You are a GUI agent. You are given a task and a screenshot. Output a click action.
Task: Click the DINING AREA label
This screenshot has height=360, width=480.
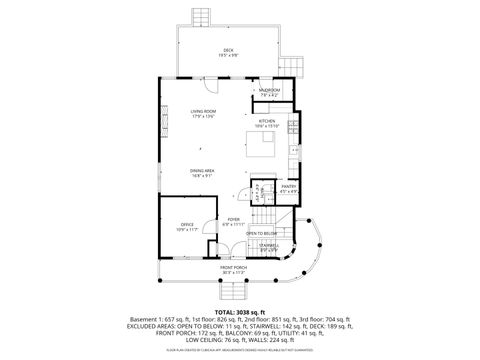click(203, 171)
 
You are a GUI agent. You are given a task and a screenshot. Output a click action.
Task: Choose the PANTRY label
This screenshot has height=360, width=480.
click(288, 186)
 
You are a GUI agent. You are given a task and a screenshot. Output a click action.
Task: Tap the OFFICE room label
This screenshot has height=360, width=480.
click(187, 224)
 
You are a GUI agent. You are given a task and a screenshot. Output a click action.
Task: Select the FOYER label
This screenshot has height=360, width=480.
click(233, 219)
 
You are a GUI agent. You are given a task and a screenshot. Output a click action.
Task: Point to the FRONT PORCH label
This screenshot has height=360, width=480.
click(233, 267)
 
